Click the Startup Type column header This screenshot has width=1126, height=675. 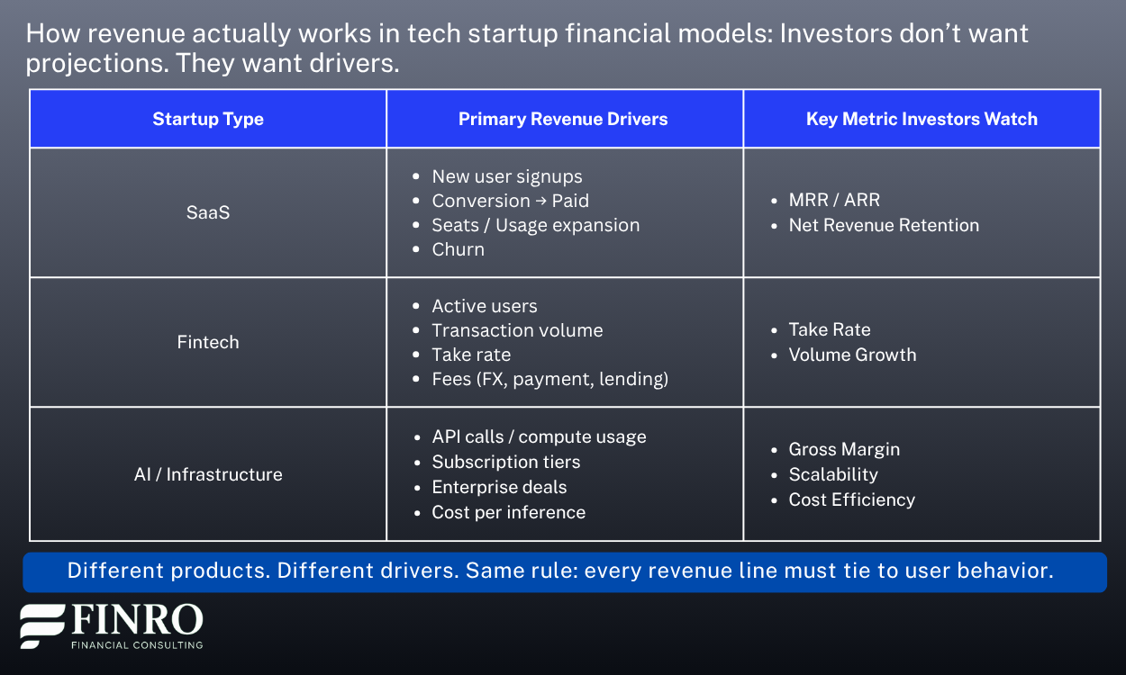pos(208,119)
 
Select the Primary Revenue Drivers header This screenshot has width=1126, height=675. pos(563,119)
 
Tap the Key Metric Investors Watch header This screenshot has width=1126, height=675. pos(922,119)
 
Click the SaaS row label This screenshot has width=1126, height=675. pos(208,212)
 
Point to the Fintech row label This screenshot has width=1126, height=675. pos(208,342)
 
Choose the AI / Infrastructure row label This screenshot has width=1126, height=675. pos(208,474)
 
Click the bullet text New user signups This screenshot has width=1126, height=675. pos(506,176)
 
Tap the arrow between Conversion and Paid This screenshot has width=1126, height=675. pos(540,201)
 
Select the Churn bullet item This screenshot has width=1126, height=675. pos(458,249)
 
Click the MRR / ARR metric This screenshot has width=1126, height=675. pos(834,200)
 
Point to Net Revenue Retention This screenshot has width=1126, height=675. pos(884,225)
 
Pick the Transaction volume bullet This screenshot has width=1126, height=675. pos(517,330)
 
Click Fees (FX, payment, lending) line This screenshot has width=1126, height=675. pos(549,379)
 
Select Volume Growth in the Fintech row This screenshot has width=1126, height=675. pos(852,355)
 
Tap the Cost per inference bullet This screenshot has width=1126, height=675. pos(509,512)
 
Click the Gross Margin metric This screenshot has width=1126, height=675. pos(845,449)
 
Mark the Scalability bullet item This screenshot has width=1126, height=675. pos(833,474)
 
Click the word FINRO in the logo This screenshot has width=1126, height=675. pos(137,619)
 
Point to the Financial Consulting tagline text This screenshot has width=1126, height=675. pos(137,645)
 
